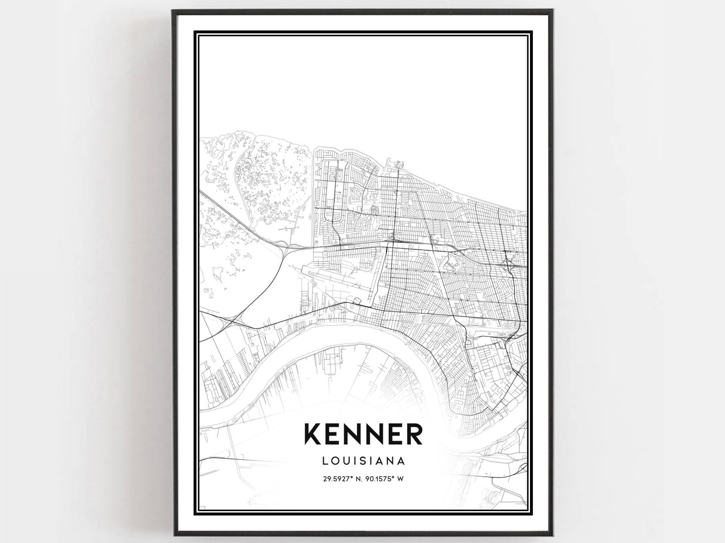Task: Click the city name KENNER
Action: (363, 434)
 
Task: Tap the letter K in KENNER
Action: (314, 434)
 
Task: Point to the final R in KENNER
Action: (414, 434)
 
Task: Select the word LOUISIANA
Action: (363, 461)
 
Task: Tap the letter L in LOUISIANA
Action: (325, 461)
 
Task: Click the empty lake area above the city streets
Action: (365, 91)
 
